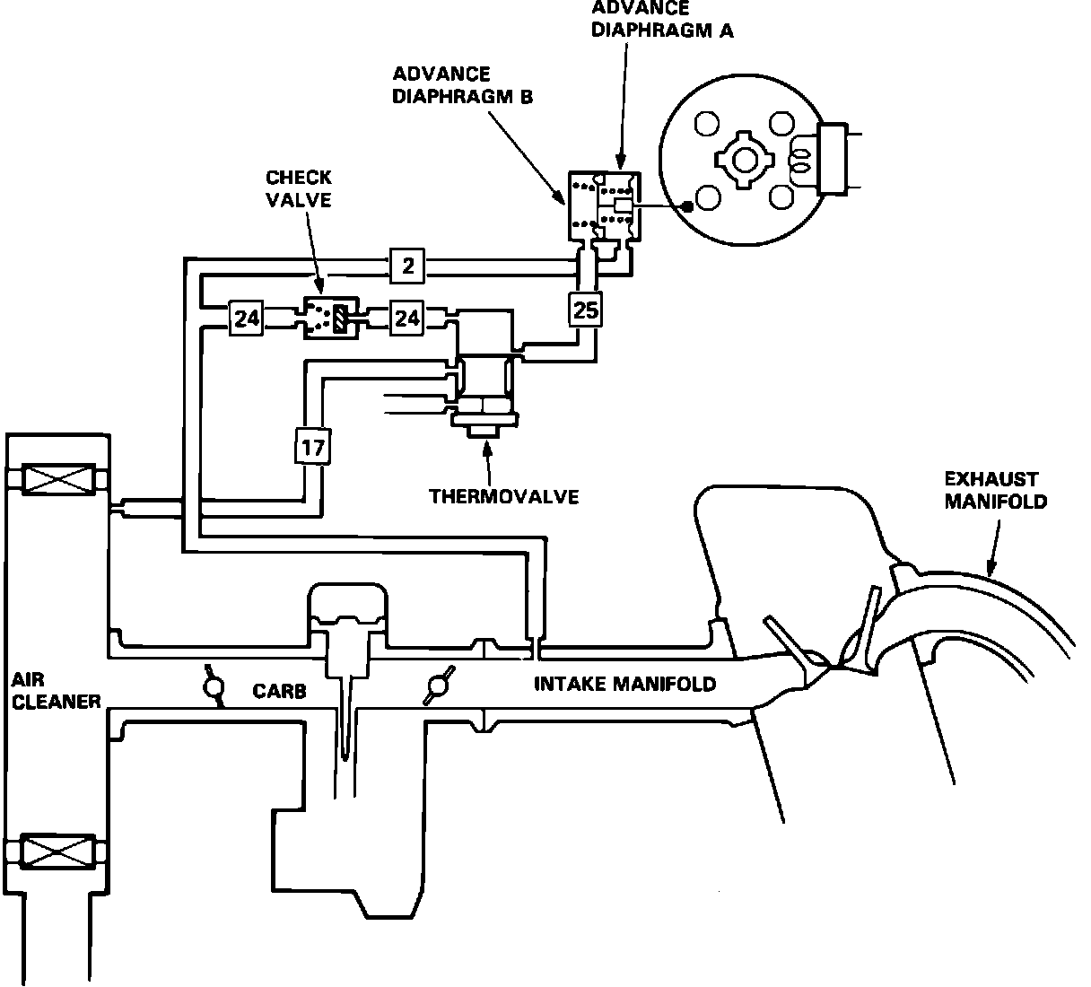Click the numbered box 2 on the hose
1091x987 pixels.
tap(407, 266)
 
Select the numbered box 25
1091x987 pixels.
tap(585, 310)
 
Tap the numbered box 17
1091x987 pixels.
tap(313, 447)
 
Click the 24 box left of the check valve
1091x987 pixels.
tap(247, 318)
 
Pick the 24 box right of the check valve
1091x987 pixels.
tap(406, 318)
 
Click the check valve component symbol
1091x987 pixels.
tap(331, 318)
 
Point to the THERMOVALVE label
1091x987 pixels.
tap(503, 497)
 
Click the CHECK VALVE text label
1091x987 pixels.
tap(299, 188)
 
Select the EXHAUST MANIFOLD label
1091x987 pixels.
tap(996, 490)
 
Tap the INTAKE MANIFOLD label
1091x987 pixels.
tap(625, 684)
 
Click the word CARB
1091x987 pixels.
tap(280, 691)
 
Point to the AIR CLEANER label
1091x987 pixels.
tap(56, 691)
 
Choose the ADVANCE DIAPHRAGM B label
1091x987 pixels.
tap(462, 85)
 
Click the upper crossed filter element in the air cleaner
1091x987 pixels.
tap(57, 479)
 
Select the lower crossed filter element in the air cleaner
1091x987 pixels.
tap(57, 850)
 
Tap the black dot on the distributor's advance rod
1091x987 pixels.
tap(688, 206)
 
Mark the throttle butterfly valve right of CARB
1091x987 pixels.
tap(439, 685)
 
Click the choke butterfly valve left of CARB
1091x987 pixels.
tap(214, 686)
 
